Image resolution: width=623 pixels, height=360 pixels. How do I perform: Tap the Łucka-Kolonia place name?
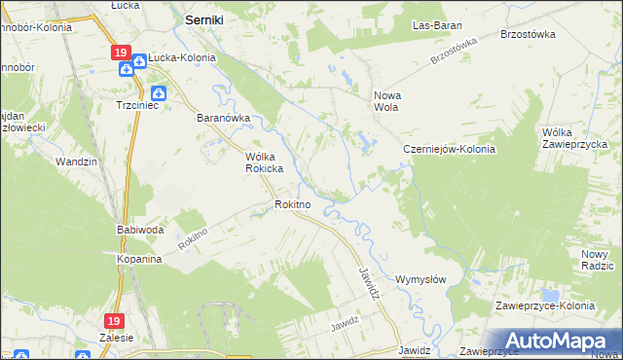pos(182,58)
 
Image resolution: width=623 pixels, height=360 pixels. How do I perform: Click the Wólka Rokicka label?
pos(263,162)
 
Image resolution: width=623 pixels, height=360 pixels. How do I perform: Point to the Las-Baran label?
pos(436,25)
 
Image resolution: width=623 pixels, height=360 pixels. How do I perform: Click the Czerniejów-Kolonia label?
pos(450,150)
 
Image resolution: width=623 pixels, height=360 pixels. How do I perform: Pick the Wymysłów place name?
pos(421,279)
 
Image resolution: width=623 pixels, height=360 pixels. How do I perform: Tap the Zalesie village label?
pos(117,337)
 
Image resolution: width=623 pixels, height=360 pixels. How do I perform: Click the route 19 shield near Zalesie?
pos(115,319)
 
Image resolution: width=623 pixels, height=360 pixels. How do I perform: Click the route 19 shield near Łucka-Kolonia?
pos(119,53)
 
